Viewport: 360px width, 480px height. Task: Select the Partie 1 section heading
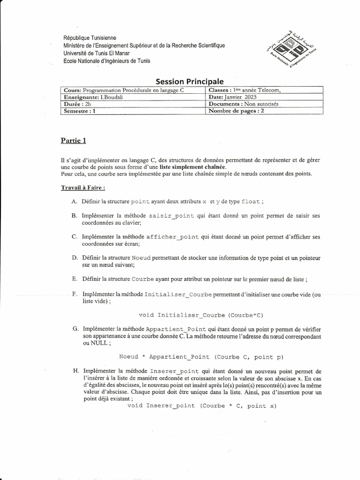(x=73, y=140)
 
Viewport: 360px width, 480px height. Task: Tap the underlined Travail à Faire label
(x=83, y=188)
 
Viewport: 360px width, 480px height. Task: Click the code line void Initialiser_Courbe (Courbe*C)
(x=204, y=315)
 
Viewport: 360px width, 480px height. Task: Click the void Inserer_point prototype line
(x=202, y=405)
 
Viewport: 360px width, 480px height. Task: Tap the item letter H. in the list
(x=75, y=371)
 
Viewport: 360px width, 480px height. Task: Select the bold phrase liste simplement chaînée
(x=192, y=167)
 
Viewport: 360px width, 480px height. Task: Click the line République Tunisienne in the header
(x=90, y=37)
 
